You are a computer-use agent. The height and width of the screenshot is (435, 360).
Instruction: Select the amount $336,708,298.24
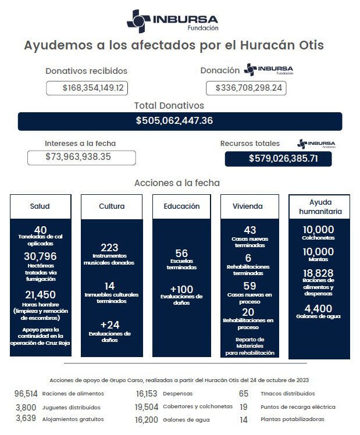(246, 88)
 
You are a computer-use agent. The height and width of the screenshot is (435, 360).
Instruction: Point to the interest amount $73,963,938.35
(81, 157)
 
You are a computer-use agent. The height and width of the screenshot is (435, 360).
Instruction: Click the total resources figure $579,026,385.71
(278, 159)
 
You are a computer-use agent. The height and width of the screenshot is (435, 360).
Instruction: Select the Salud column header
(40, 206)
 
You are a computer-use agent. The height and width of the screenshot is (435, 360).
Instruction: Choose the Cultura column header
(112, 206)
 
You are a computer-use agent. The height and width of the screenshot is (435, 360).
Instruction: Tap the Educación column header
(181, 206)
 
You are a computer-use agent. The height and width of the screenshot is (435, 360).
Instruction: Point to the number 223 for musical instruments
(109, 248)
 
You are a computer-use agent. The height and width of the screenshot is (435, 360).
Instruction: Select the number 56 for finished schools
(181, 254)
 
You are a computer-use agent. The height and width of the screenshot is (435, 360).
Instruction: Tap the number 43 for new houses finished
(250, 231)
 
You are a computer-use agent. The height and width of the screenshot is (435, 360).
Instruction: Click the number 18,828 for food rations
(318, 273)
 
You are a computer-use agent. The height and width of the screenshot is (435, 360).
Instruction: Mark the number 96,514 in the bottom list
(26, 394)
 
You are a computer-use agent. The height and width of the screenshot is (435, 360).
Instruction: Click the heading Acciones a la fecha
(177, 183)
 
